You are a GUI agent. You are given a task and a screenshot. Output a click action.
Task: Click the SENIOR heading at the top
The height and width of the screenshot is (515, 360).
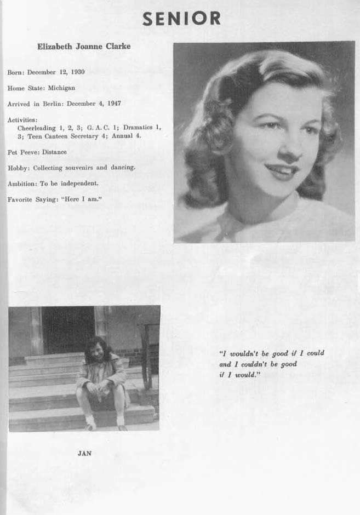181,19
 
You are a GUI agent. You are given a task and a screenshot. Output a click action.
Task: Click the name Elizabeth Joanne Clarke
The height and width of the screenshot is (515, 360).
84,47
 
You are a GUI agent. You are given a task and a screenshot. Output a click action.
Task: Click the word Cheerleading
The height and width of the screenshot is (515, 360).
37,128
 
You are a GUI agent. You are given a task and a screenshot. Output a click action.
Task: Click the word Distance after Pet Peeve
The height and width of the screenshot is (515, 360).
54,152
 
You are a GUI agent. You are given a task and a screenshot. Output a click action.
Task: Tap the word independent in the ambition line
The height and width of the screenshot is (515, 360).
79,184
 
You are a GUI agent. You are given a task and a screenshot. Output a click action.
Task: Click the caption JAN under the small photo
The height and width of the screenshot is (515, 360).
84,453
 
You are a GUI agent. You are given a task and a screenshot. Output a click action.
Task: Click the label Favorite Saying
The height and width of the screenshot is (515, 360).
29,199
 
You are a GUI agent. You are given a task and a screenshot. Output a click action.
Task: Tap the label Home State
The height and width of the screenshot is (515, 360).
22,88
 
